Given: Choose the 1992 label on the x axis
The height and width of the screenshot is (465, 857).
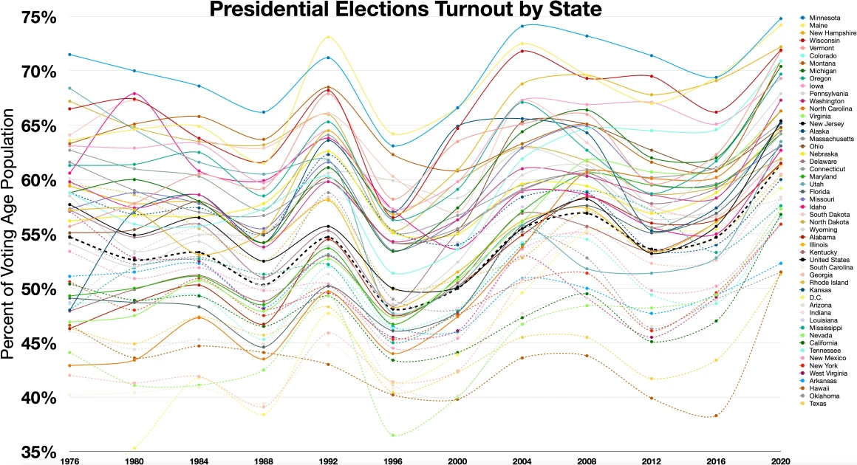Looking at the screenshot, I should click(328, 460).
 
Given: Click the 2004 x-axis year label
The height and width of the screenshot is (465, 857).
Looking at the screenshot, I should click(522, 460).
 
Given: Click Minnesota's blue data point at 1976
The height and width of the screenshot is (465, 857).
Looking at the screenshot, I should click(69, 55).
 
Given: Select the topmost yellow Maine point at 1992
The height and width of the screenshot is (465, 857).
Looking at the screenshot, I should click(328, 37).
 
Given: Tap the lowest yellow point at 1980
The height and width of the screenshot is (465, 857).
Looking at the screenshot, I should click(134, 448).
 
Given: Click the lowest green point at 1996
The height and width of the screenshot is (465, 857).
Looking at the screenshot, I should click(392, 435).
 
